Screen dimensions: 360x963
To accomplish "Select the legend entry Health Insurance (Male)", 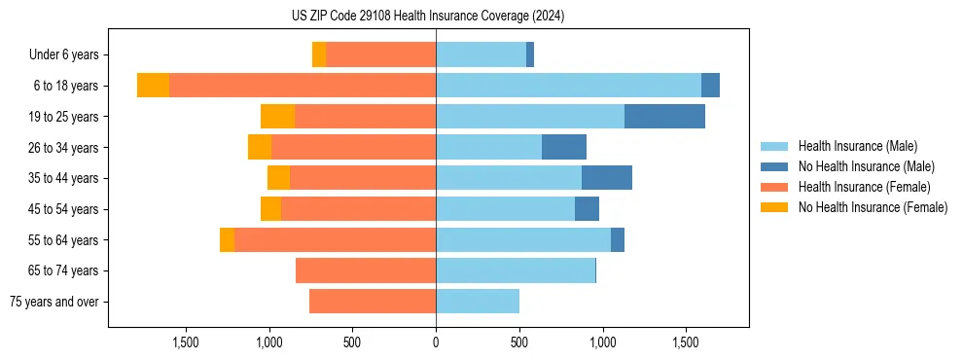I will [857, 146].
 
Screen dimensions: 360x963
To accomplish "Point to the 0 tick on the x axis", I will [436, 342].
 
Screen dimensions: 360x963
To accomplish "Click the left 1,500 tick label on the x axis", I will [185, 342].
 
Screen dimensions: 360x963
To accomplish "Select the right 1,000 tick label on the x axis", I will [602, 342].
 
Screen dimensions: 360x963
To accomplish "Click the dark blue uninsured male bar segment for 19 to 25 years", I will [664, 117].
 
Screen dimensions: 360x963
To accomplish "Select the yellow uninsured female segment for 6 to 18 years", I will [153, 86].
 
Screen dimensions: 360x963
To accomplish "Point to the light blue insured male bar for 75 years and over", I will [478, 302].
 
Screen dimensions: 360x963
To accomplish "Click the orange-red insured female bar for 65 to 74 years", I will [366, 270].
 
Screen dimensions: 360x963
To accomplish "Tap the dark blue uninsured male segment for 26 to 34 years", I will [564, 147].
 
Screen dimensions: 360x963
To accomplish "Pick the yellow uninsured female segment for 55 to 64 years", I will [227, 239].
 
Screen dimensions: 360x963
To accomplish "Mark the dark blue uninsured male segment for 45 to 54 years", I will [587, 209].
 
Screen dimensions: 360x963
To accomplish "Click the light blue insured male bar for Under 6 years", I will [481, 55].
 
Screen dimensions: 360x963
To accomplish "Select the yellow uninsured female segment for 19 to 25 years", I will [277, 117].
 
